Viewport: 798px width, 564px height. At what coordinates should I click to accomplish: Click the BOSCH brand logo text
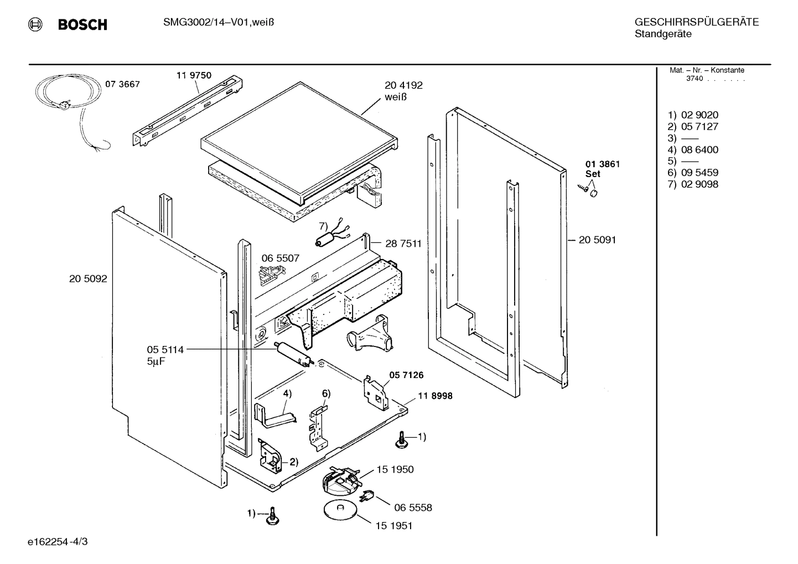click(82, 25)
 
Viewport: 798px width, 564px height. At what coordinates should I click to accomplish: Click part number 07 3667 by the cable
click(122, 84)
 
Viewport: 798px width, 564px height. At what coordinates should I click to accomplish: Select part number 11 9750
click(194, 75)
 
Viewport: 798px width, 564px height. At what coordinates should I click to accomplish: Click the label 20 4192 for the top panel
click(403, 85)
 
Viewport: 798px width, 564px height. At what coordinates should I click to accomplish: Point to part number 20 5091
click(597, 240)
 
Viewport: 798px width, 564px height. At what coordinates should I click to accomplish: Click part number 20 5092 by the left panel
click(88, 279)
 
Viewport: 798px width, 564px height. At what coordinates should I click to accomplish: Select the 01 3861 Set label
click(603, 168)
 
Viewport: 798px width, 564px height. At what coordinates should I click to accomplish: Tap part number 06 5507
click(280, 258)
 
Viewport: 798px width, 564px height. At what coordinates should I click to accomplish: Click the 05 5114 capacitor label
click(165, 350)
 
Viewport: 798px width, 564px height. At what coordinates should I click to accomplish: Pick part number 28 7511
click(403, 244)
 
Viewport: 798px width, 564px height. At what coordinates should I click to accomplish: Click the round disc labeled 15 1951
click(340, 510)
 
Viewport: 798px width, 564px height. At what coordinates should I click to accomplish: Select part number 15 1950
click(395, 469)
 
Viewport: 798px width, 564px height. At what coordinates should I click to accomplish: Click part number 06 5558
click(413, 507)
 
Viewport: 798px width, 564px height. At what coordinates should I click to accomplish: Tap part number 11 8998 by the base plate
click(435, 396)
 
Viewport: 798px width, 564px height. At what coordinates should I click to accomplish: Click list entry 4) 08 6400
click(693, 149)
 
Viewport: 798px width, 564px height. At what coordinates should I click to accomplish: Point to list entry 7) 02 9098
click(693, 184)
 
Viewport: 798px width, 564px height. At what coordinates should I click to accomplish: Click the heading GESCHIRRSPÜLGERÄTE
click(696, 22)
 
